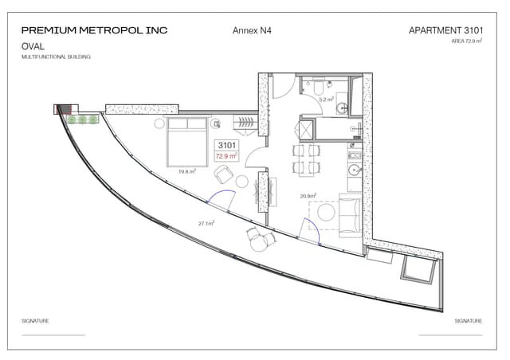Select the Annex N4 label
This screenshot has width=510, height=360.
(x=250, y=30)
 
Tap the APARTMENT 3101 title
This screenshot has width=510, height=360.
(x=445, y=30)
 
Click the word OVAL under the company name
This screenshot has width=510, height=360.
(x=33, y=47)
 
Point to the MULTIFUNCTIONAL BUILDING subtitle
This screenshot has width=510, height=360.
(x=56, y=57)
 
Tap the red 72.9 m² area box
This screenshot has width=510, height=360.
(x=227, y=157)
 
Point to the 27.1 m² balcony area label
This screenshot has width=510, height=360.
(x=207, y=224)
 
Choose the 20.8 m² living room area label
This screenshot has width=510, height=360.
(x=308, y=195)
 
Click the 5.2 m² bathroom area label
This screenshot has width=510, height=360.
(x=325, y=100)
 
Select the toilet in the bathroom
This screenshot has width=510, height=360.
(x=317, y=84)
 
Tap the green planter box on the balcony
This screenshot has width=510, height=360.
(x=83, y=119)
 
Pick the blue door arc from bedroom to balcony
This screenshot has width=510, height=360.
(x=222, y=200)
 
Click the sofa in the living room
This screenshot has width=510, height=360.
(x=348, y=215)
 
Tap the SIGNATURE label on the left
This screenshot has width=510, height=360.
(x=35, y=321)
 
